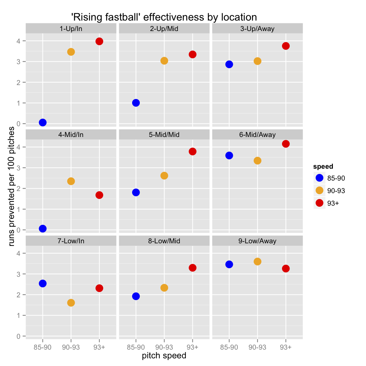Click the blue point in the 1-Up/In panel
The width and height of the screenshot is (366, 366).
43,122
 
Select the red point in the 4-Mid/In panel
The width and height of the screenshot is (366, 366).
99,195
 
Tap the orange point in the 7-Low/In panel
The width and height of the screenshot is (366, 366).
71,303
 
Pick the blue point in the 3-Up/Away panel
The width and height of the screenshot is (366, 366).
229,64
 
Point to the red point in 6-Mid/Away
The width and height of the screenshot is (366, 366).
286,144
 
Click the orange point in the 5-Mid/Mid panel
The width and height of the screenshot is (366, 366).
164,176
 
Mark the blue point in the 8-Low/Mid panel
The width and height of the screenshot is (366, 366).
136,296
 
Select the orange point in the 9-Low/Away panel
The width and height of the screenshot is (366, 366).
258,261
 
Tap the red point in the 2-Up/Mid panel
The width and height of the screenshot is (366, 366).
192,54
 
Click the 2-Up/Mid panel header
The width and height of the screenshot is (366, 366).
164,29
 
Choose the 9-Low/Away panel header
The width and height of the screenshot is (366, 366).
258,241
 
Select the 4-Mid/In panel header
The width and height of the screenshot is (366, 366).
71,135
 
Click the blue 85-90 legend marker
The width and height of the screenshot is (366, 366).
319,178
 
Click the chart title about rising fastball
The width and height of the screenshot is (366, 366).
164,17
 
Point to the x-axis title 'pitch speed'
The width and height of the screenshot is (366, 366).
164,356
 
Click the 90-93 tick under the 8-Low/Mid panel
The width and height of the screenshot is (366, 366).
164,347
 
